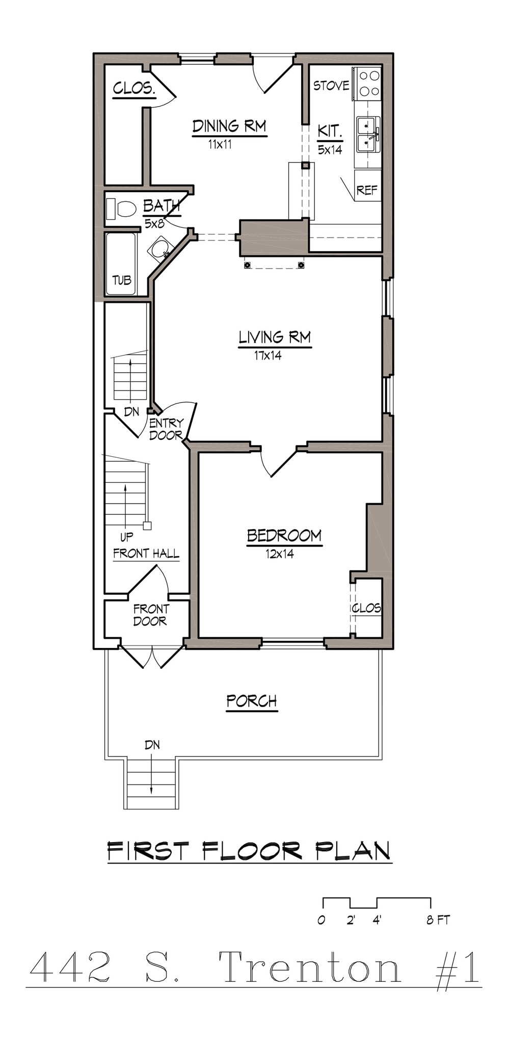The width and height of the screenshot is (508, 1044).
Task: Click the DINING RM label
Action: click(x=229, y=126)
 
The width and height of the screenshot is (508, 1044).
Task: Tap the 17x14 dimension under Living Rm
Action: click(x=268, y=356)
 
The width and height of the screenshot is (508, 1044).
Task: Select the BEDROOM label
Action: click(x=284, y=536)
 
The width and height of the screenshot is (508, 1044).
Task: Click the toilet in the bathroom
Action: click(x=122, y=209)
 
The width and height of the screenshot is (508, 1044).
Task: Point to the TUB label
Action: click(x=122, y=280)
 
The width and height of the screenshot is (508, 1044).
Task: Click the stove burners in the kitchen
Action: click(x=369, y=84)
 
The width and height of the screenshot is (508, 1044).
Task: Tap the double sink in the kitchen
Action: click(x=368, y=135)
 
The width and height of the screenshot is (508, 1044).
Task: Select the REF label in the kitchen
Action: click(x=367, y=190)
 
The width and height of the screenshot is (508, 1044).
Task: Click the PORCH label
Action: click(x=252, y=701)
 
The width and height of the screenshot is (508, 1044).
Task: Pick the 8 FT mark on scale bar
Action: click(x=437, y=920)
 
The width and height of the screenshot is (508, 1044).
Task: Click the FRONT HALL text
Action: click(x=146, y=554)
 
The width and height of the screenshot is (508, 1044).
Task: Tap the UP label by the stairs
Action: click(x=126, y=537)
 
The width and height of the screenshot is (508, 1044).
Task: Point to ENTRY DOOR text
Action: click(x=166, y=429)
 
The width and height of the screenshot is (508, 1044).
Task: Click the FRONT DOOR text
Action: click(x=150, y=615)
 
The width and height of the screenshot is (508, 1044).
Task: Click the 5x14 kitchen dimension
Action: click(x=330, y=150)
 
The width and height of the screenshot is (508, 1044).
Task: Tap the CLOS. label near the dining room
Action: click(x=134, y=88)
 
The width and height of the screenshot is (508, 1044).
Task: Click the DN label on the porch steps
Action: click(x=152, y=745)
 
